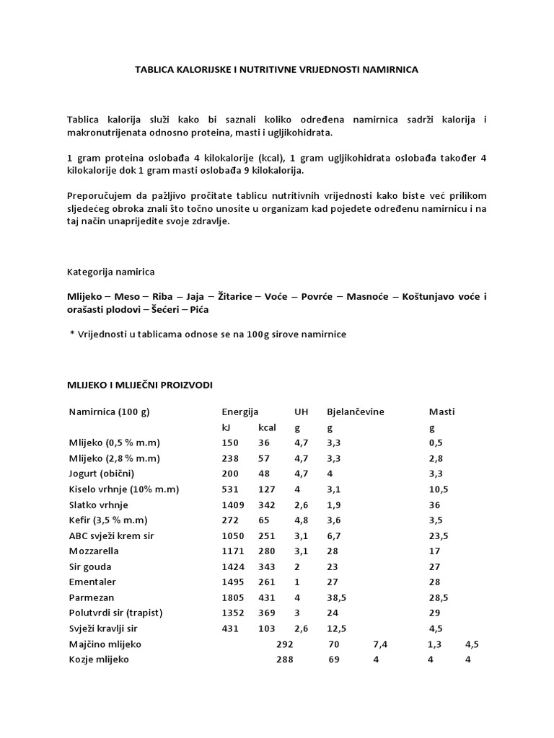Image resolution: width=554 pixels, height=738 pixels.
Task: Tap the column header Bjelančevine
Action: point(356,412)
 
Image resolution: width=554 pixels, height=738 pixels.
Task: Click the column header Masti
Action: point(441,412)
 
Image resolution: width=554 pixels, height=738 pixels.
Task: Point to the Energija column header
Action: point(239,412)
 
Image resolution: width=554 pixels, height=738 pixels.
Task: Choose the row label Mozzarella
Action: point(94,551)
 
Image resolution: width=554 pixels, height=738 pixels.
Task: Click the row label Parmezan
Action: point(92,597)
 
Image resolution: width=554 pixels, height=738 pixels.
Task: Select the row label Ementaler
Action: point(92,582)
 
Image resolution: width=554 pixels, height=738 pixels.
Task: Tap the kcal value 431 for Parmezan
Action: point(266,597)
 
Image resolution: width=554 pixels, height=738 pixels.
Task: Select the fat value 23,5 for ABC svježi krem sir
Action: point(439,535)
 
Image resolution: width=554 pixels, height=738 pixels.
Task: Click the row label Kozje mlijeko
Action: point(99,659)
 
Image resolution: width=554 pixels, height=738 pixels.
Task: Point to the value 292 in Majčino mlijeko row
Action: point(285,644)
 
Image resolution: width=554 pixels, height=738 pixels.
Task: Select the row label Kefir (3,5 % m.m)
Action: point(107,520)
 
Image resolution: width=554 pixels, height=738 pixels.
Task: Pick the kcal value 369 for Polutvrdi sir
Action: point(266,613)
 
